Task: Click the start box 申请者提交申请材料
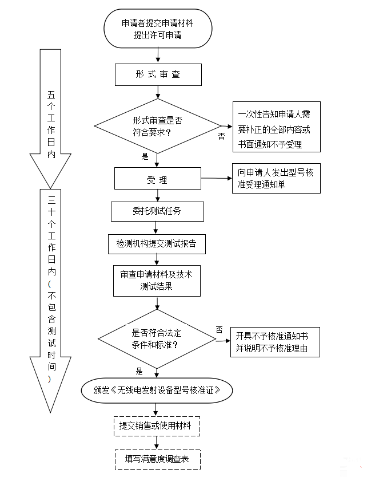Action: pyautogui.click(x=158, y=29)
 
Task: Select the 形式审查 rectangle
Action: pyautogui.click(x=158, y=74)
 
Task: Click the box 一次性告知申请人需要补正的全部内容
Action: pyautogui.click(x=276, y=127)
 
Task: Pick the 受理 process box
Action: pyautogui.click(x=157, y=178)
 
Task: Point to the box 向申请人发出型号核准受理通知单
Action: pyautogui.click(x=276, y=178)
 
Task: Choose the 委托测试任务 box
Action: pyautogui.click(x=157, y=211)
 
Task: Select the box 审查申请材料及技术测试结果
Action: pyautogui.click(x=157, y=280)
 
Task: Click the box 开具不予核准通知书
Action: pyautogui.click(x=275, y=342)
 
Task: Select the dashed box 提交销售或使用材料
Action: pyautogui.click(x=157, y=426)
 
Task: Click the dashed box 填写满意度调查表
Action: pyautogui.click(x=157, y=458)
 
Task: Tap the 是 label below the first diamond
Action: pyautogui.click(x=145, y=156)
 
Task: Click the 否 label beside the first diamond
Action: pyautogui.click(x=221, y=136)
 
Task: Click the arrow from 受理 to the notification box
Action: pyautogui.click(x=216, y=178)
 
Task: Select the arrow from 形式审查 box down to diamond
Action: pyautogui.click(x=157, y=92)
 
